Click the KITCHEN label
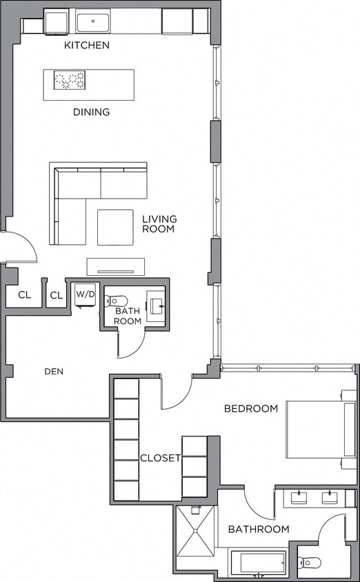point(87,46)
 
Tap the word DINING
point(92,112)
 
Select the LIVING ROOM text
point(159,224)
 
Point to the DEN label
point(54,371)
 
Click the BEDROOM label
point(251,408)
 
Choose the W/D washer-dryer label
point(86,294)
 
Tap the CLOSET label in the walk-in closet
point(160,458)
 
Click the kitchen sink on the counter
point(93,22)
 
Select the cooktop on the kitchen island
point(70,80)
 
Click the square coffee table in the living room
point(115,227)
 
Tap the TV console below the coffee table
point(115,266)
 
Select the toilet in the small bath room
point(117,301)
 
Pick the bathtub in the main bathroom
point(258,562)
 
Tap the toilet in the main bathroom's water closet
point(310,563)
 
